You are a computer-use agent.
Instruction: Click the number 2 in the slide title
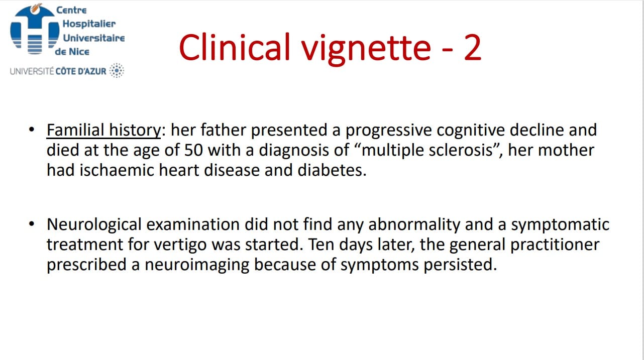pos(472,47)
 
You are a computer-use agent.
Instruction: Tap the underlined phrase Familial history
pos(103,130)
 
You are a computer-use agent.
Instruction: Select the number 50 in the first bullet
pos(193,150)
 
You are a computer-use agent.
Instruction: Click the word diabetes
pos(332,170)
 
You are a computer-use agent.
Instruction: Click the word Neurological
pos(94,224)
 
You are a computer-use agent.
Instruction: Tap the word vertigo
pos(180,245)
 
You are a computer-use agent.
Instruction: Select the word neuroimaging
pos(196,265)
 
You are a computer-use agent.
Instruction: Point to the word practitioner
pos(555,245)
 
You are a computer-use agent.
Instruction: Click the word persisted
pos(460,265)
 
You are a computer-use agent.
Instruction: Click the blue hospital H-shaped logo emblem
pos(35,29)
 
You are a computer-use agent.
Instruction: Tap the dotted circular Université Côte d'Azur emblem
pos(117,70)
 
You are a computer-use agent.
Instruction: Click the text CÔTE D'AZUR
pos(81,71)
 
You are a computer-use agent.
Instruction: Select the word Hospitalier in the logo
pos(89,24)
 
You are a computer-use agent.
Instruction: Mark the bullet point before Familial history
pos(32,130)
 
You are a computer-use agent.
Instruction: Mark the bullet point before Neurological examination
pos(32,224)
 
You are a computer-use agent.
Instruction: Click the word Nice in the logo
pos(79,52)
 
